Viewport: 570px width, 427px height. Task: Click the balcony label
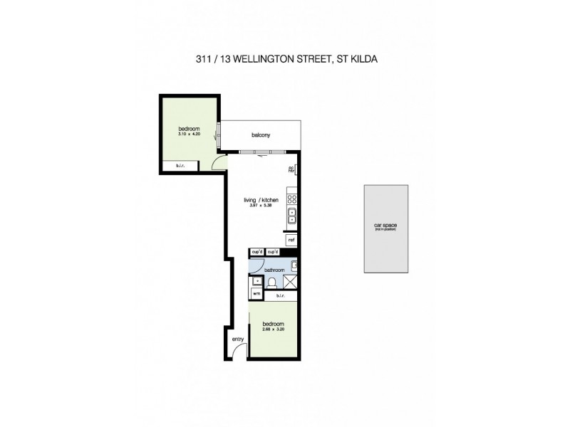[260, 135]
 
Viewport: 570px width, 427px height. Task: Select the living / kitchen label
[257, 201]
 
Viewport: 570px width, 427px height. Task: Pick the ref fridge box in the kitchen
[291, 241]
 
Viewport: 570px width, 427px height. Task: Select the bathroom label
[274, 270]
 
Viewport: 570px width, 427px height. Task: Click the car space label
[385, 226]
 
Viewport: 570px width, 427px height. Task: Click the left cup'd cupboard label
[256, 252]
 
